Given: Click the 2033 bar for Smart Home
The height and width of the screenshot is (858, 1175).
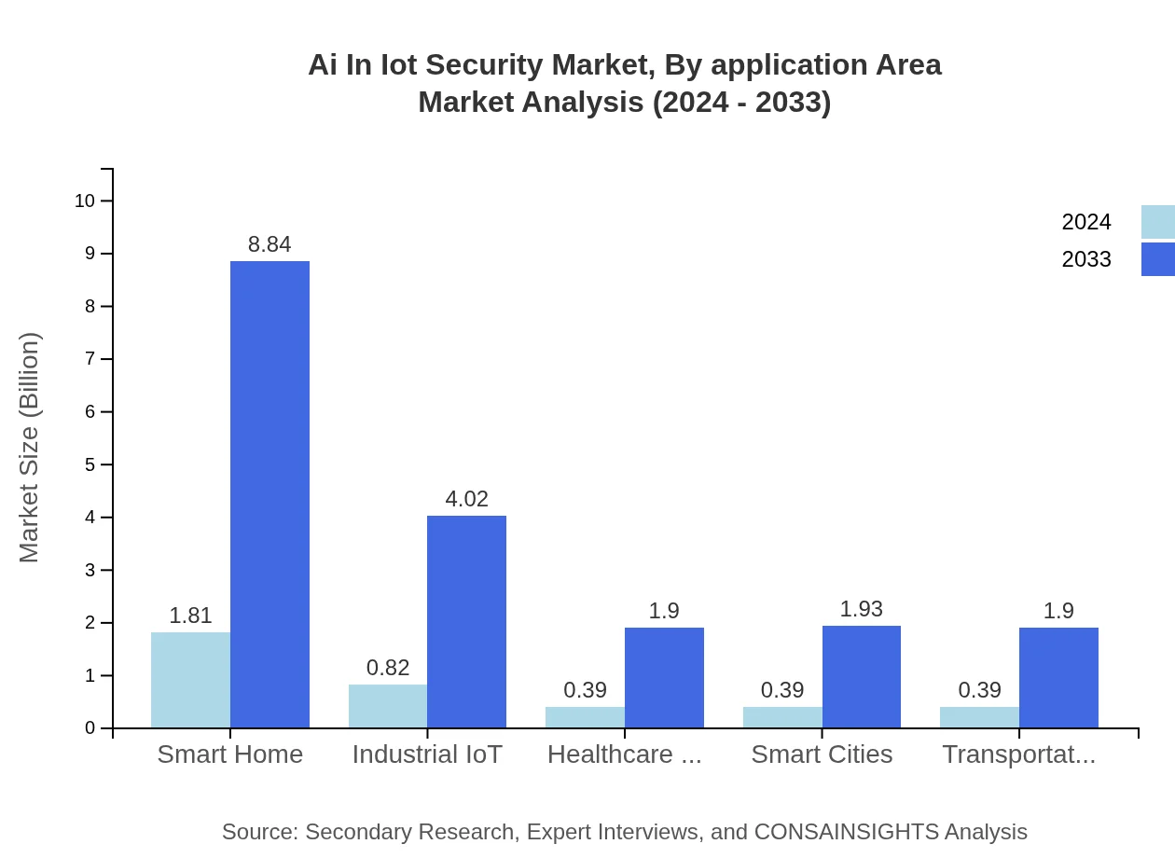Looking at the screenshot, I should pyautogui.click(x=270, y=494).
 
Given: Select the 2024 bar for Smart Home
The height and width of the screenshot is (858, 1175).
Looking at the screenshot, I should pyautogui.click(x=190, y=680).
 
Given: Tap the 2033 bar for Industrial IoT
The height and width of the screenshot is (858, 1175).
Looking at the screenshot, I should pyautogui.click(x=466, y=621).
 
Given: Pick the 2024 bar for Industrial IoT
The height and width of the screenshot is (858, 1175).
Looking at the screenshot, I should pyautogui.click(x=388, y=706).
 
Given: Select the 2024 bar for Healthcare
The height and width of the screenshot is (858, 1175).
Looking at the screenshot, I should pyautogui.click(x=585, y=717).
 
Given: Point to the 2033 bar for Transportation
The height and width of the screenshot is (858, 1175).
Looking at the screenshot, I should pyautogui.click(x=1058, y=677).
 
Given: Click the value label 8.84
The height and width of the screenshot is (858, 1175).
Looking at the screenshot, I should pyautogui.click(x=270, y=244).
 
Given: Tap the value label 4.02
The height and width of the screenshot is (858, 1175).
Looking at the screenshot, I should pyautogui.click(x=466, y=499).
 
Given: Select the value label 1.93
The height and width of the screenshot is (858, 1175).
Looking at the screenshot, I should pyautogui.click(x=861, y=609).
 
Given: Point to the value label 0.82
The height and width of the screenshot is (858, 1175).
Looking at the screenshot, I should pyautogui.click(x=388, y=668).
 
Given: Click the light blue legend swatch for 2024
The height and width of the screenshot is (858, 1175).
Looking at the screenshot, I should pyautogui.click(x=1157, y=222).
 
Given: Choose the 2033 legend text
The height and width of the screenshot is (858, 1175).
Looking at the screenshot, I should pyautogui.click(x=1086, y=259).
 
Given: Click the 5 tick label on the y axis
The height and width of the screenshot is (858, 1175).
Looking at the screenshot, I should pyautogui.click(x=90, y=464).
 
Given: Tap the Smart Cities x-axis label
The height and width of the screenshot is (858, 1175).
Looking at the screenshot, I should pyautogui.click(x=822, y=754).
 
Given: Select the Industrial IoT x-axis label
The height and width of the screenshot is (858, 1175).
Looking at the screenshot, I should pyautogui.click(x=427, y=754).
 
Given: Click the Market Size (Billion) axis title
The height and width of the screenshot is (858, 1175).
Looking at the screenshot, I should pyautogui.click(x=30, y=448).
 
